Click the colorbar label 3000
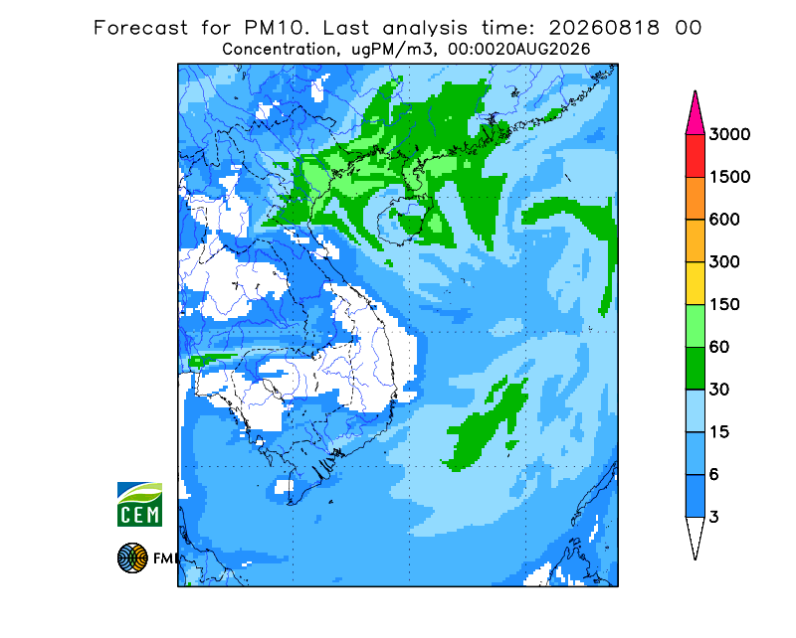[729, 134]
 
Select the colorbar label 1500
[729, 177]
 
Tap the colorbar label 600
[724, 220]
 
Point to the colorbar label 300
[724, 262]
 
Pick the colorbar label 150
[724, 305]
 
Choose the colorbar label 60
[719, 348]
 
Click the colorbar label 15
[719, 432]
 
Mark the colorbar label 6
[714, 475]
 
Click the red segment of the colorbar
[695, 156]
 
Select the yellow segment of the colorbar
[695, 283]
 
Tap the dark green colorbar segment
[695, 369]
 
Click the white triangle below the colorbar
[695, 535]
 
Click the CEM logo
[139, 504]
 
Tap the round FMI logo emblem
[132, 558]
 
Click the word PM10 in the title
[276, 28]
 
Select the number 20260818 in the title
[605, 28]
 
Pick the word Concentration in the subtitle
[279, 50]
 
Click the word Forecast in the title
[140, 28]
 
